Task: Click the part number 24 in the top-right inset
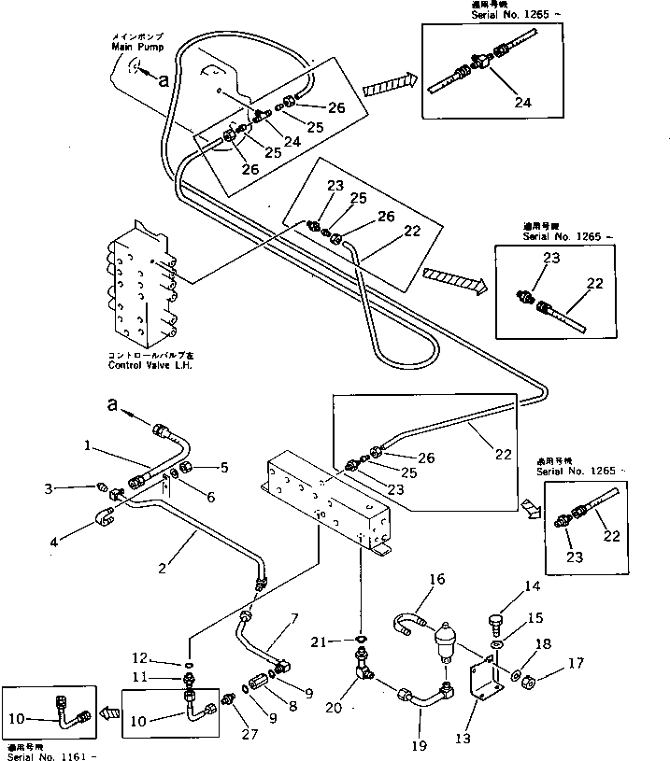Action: pyautogui.click(x=521, y=104)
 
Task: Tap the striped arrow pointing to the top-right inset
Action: pyautogui.click(x=383, y=86)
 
